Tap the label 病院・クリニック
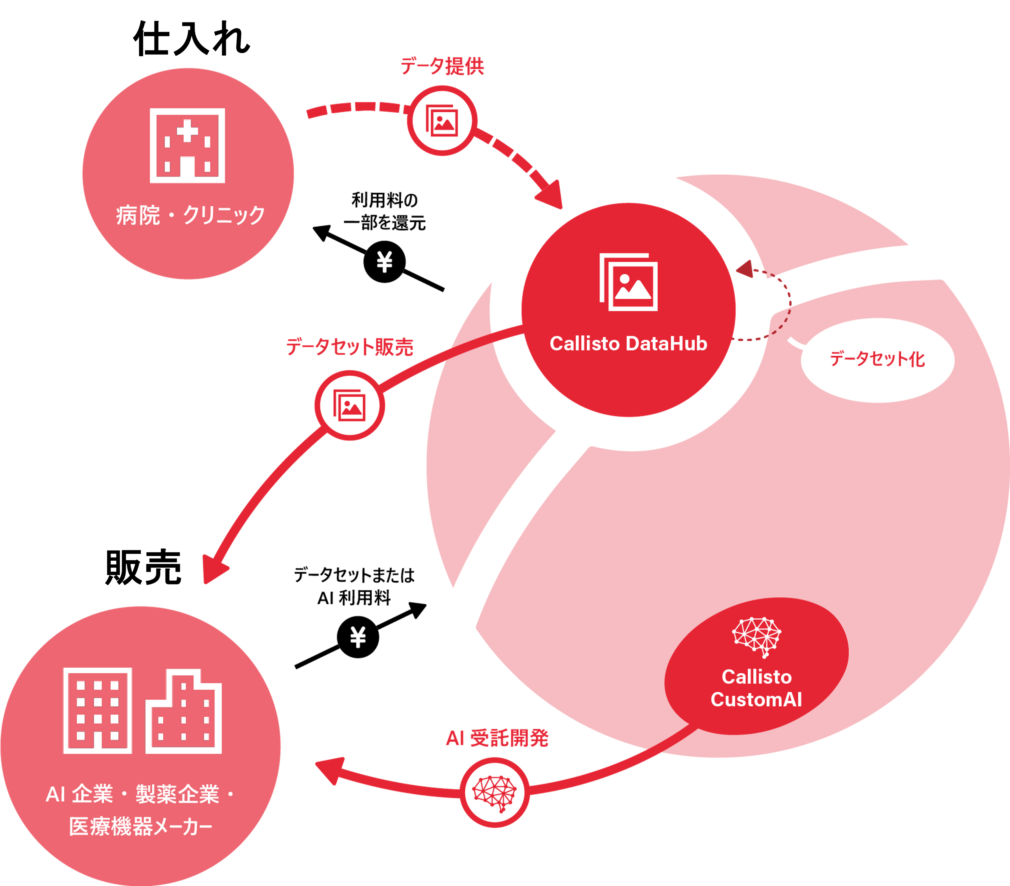pos(190,215)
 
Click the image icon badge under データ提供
pos(442,121)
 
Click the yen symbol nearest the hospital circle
pos(384,262)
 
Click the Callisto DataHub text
pos(628,344)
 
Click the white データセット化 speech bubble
pos(877,360)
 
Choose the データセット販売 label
pos(349,347)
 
